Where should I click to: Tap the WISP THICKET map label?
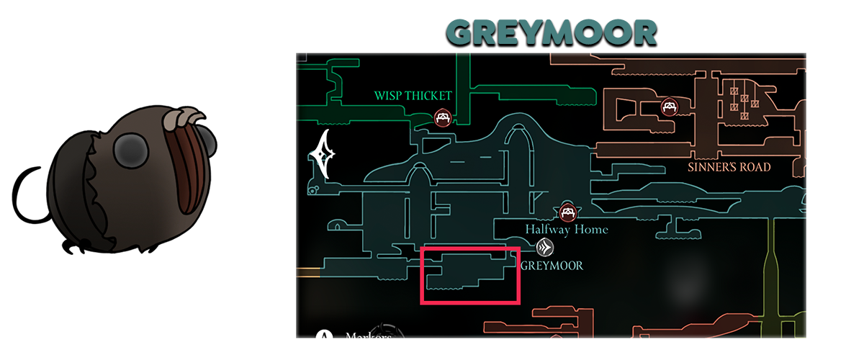coord(413,96)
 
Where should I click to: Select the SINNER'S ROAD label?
coord(728,167)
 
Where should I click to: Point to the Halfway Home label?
coord(566,230)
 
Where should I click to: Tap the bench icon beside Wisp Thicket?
coord(443,118)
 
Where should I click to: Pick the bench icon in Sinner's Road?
coord(670,108)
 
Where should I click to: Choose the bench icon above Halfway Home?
coord(568,212)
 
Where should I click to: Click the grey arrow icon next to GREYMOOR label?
coord(546,248)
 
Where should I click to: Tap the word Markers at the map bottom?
coord(368,336)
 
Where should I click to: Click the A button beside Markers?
coord(325,337)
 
